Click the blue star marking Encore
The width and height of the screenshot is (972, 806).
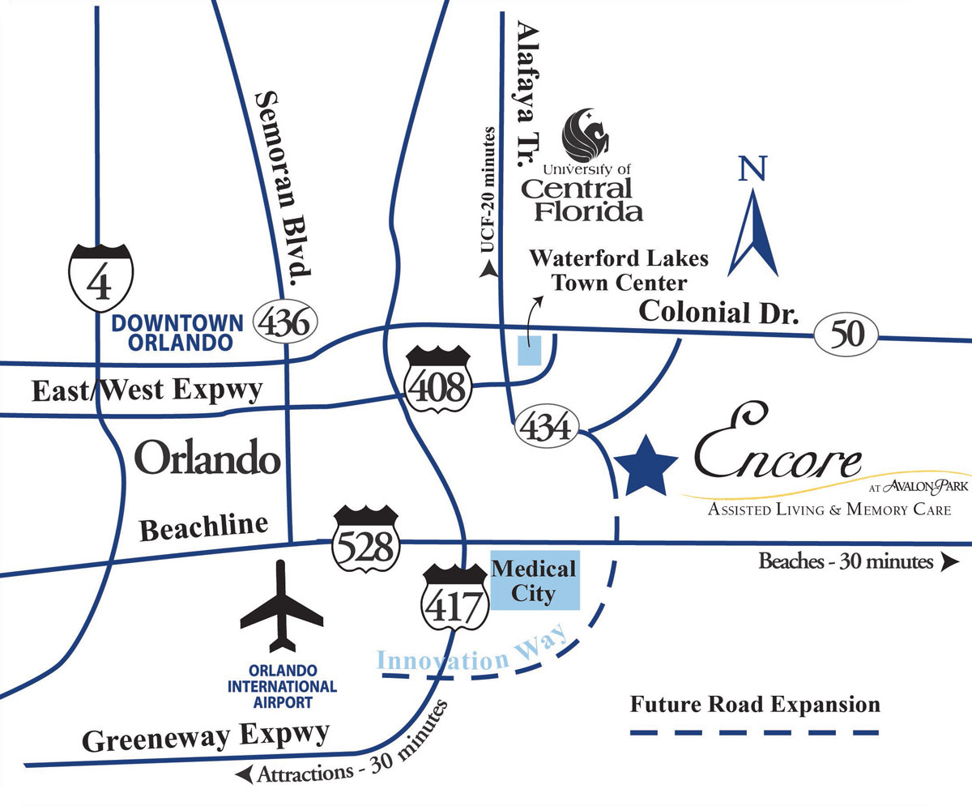tap(646, 467)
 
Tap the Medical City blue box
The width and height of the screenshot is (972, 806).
tap(535, 582)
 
